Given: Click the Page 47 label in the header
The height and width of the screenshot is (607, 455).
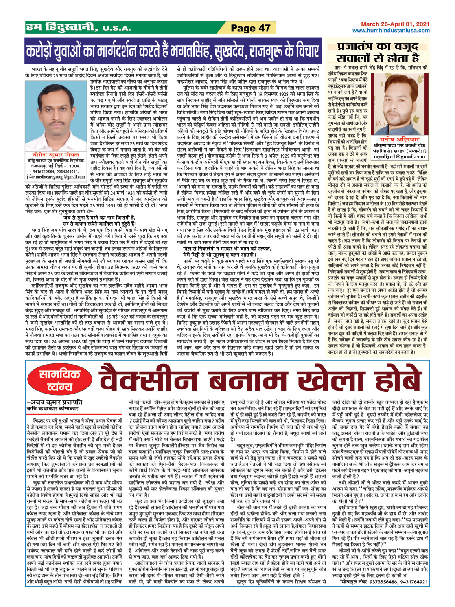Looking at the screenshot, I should point(250,28).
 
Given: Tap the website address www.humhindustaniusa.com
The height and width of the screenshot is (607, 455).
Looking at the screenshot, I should point(391,31).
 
